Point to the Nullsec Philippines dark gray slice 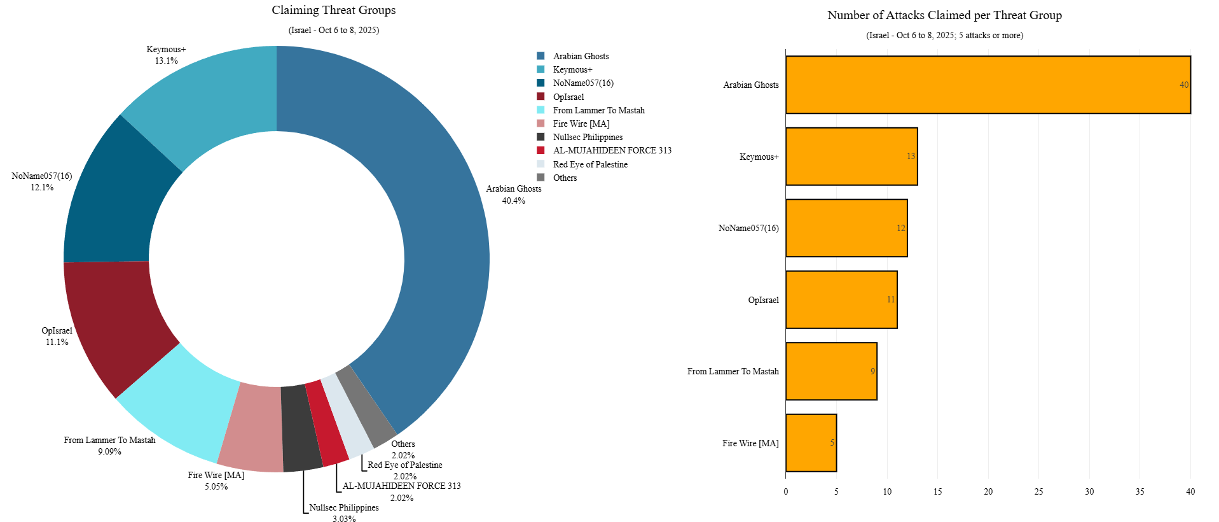(300, 428)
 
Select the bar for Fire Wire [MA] (811, 443)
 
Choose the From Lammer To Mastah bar (831, 371)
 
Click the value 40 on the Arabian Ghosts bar (1183, 85)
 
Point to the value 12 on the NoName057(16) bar (900, 228)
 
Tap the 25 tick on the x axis (1038, 491)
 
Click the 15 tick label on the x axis (937, 491)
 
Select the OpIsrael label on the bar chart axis (763, 300)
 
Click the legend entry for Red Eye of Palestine (589, 164)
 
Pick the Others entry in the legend (565, 178)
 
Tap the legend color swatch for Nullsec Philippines (541, 137)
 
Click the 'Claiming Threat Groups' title (333, 10)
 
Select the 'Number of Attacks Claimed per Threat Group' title (944, 15)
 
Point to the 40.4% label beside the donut (513, 201)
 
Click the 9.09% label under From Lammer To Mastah (109, 451)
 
